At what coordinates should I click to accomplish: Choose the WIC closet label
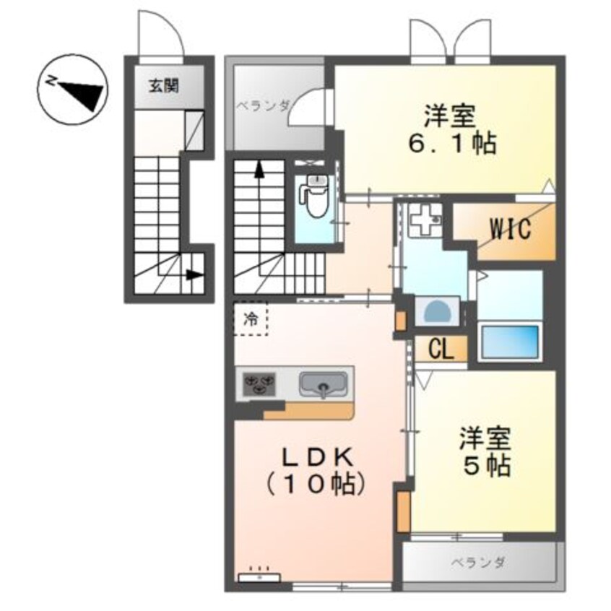click(x=511, y=229)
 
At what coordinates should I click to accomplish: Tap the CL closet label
click(x=440, y=350)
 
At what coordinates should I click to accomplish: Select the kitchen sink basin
click(x=321, y=382)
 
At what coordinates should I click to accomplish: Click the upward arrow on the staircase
click(x=258, y=171)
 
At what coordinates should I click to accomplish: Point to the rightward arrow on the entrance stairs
click(x=193, y=274)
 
